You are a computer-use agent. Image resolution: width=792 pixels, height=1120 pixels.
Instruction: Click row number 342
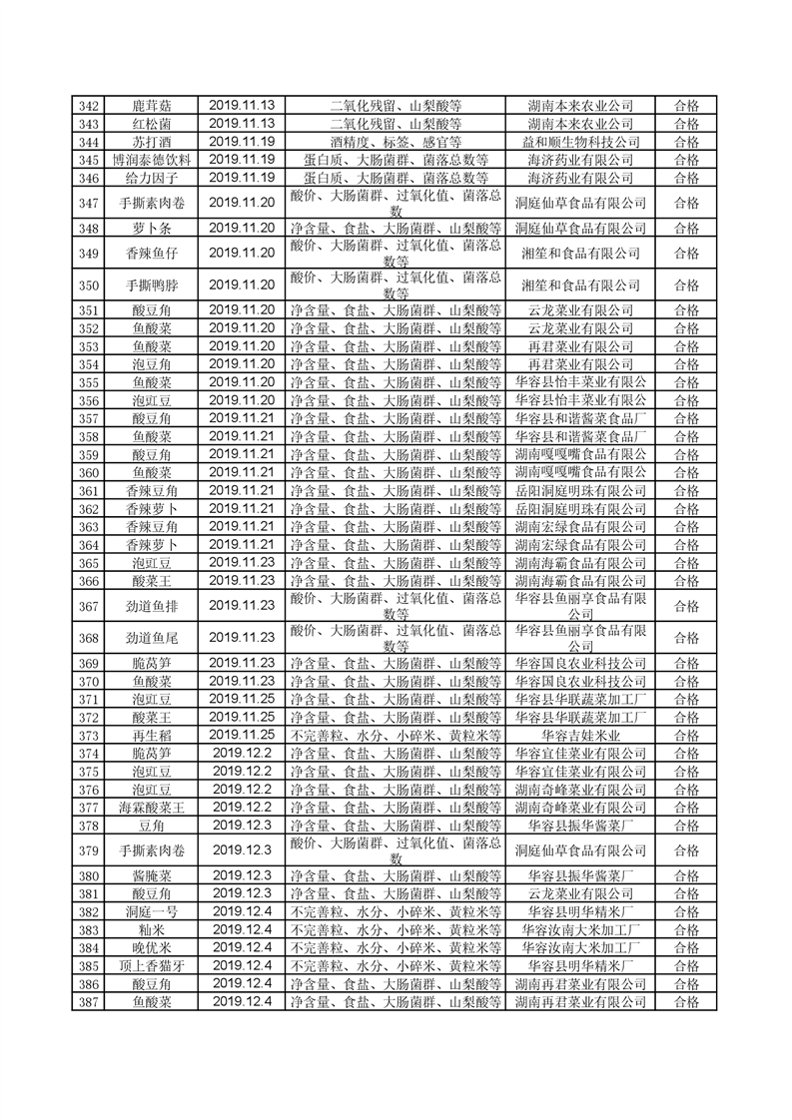[x=88, y=106]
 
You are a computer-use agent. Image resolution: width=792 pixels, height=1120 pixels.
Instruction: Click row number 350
[x=88, y=284]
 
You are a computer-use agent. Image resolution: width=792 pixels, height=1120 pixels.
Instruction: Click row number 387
[x=88, y=1002]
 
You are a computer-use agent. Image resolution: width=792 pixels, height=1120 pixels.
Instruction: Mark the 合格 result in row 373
[x=687, y=736]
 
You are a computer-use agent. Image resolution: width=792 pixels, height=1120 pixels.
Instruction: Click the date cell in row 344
[x=242, y=142]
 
